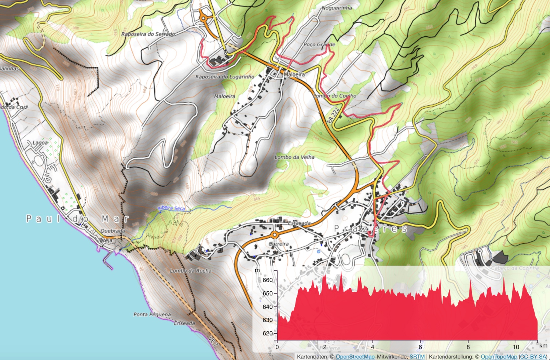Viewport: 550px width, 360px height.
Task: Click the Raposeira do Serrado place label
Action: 148,34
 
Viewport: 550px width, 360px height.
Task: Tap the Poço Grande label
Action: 319,44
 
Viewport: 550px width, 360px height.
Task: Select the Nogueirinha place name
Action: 337,8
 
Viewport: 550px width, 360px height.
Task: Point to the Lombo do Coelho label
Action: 335,96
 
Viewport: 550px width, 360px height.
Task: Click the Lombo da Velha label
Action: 294,157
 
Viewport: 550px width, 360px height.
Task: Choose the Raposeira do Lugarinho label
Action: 224,77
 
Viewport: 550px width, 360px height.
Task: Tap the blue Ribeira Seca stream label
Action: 171,208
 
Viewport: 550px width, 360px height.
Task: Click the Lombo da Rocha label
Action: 191,270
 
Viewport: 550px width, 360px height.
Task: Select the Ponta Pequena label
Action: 152,314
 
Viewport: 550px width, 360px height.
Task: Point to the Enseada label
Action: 184,323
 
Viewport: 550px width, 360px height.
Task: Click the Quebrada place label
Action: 113,231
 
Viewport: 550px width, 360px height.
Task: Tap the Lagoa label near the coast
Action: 40,142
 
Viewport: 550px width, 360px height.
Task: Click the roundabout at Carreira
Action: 275,234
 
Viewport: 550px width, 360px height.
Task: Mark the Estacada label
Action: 299,223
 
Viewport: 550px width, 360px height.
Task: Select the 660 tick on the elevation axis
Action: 268,280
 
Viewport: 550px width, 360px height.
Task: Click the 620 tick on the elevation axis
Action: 268,333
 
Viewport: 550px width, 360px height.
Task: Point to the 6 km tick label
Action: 420,347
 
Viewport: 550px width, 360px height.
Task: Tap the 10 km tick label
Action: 516,347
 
